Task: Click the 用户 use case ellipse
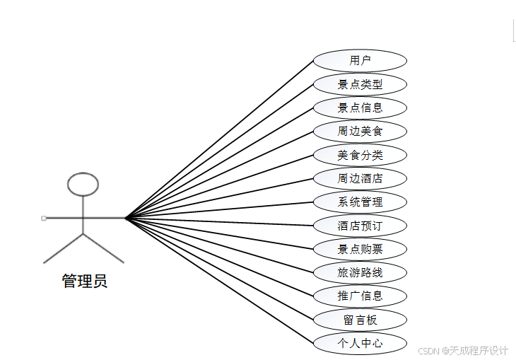360,61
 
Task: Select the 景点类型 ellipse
360,84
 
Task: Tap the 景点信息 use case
360,108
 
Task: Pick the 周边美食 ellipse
360,131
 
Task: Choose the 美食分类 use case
360,155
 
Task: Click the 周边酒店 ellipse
360,178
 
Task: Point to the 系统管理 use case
360,202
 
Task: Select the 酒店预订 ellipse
360,226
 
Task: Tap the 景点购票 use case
360,249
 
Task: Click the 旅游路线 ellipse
360,272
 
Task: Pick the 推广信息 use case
360,296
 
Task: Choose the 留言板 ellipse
360,320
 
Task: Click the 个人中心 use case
360,343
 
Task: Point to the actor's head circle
83,184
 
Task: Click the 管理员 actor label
84,281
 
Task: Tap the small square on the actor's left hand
44,218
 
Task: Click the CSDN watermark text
463,351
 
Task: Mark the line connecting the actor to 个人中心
219,281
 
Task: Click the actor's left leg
64,248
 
